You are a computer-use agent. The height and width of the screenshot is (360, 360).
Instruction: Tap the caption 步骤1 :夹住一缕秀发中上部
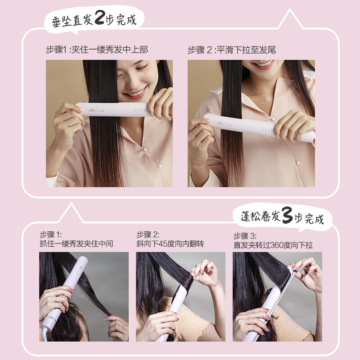tap(97, 49)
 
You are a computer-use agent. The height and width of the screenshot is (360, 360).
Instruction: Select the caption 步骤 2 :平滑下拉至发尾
tap(232, 49)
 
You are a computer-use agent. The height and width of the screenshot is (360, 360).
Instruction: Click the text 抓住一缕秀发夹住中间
tap(76, 244)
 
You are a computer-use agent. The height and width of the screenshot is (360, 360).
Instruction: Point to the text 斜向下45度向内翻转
tap(171, 244)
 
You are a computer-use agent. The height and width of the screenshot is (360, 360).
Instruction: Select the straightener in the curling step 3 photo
tap(270, 306)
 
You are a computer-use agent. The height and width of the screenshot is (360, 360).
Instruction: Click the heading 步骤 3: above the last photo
tap(245, 235)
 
